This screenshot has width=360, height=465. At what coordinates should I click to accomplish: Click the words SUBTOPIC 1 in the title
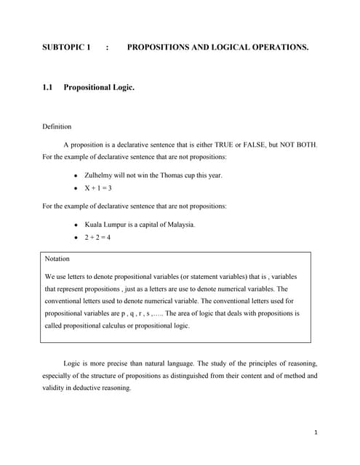[x=67, y=47]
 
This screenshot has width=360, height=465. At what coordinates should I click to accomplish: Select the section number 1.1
[x=48, y=88]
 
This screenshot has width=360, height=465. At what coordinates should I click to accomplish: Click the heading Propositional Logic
[x=99, y=88]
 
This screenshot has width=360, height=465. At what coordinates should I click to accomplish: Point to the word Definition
[x=57, y=126]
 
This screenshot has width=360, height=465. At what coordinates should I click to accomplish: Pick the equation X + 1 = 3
[x=98, y=187]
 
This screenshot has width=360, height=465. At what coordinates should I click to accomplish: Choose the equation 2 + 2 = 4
[x=98, y=237]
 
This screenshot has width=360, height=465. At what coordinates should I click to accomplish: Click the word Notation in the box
[x=57, y=259]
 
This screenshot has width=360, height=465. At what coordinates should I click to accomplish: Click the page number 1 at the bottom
[x=316, y=433]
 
